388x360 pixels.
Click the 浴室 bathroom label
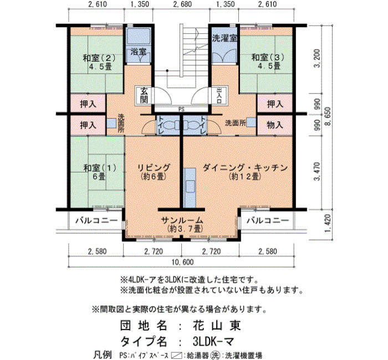pos(139,52)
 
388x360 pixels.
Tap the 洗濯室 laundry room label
pos(224,38)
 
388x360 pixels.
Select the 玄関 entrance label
pos(144,95)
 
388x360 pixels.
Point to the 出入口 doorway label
pos(219,95)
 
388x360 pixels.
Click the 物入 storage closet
pos(275,125)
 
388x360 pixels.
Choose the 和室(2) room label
pos(99,58)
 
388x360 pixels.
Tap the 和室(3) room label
pos(268,58)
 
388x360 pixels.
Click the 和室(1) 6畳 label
pos(100,172)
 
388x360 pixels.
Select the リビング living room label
pos(154,168)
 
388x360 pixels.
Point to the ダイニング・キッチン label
pos(245,168)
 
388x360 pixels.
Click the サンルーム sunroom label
pos(182,220)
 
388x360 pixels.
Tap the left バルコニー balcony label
pos(96,220)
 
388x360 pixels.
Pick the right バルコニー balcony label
pos(268,220)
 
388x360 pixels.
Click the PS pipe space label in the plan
pos(181,110)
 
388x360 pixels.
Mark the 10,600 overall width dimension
pos(183,262)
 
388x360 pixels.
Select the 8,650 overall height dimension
pos(328,116)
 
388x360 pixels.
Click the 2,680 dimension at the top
pos(182,4)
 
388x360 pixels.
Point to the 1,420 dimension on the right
pos(328,224)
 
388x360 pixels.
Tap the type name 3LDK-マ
pos(213,342)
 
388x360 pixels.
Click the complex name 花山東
pos(217,326)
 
